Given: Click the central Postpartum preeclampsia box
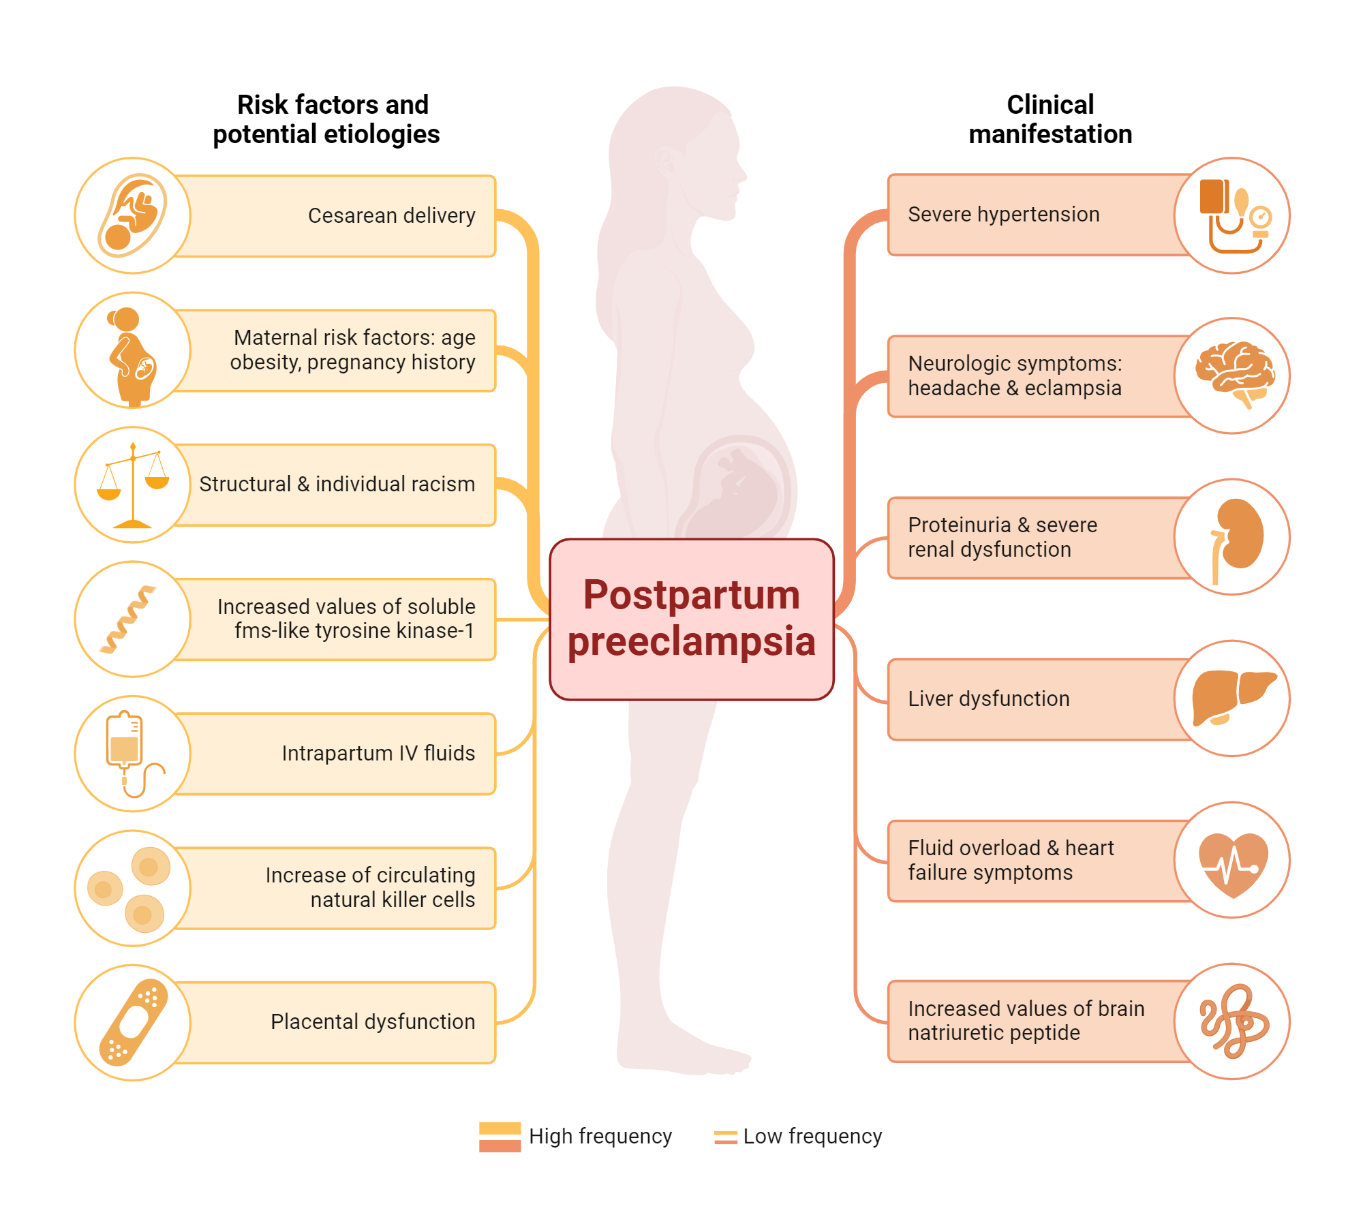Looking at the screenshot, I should pyautogui.click(x=691, y=619).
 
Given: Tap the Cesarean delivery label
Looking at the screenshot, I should pyautogui.click(x=391, y=216).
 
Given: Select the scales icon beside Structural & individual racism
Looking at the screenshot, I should pyautogui.click(x=133, y=485).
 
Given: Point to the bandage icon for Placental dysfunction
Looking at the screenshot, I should pyautogui.click(x=133, y=1022).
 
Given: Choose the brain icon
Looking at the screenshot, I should pyautogui.click(x=1234, y=375).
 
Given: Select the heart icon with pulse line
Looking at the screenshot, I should pyautogui.click(x=1232, y=860).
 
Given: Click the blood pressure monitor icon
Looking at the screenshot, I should pyautogui.click(x=1232, y=215).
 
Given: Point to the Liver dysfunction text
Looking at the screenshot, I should pyautogui.click(x=988, y=699).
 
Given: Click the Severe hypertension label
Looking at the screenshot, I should pyautogui.click(x=1003, y=215).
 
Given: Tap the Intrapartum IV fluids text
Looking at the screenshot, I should pyautogui.click(x=378, y=754).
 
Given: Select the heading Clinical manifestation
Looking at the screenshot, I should pyautogui.click(x=1050, y=119).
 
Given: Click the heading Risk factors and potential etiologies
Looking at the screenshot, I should pyautogui.click(x=327, y=119).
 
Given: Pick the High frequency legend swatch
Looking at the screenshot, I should pyautogui.click(x=500, y=1137).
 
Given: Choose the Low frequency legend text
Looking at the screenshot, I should pyautogui.click(x=812, y=1137).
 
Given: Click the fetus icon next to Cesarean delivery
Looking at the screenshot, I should pyautogui.click(x=133, y=215).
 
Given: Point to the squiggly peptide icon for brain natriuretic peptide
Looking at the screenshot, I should pyautogui.click(x=1232, y=1021).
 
